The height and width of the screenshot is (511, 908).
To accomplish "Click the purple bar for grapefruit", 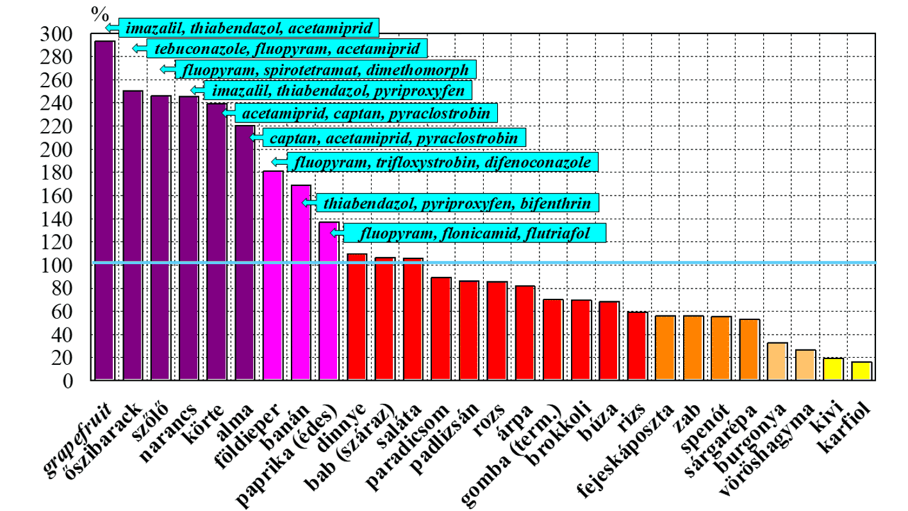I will coord(104,211).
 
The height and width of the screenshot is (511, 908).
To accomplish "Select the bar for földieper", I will coord(273,276).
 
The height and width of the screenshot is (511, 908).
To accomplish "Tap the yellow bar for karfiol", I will coord(862,371).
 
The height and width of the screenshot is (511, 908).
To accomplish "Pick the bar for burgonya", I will coord(777,362).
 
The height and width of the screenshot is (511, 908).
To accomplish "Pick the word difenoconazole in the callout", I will coord(547,162).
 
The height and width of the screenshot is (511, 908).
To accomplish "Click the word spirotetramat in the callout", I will coord(333,69).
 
